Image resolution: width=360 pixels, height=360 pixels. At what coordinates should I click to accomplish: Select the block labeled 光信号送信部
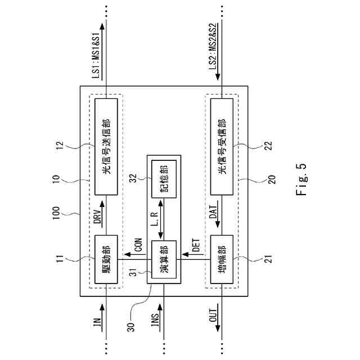106,147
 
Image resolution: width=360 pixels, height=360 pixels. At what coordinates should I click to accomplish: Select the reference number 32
134,179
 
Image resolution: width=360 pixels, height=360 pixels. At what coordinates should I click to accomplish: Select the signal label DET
195,246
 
